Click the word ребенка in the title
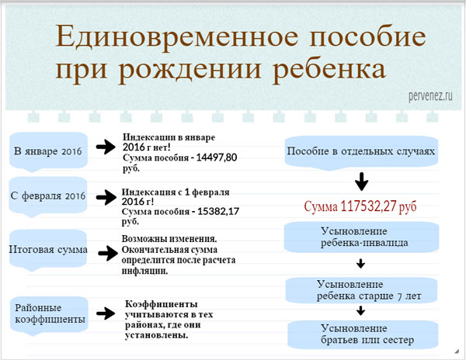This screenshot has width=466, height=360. (x=329, y=70)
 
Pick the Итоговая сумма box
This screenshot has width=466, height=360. (x=48, y=251)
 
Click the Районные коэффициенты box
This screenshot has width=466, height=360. (x=48, y=315)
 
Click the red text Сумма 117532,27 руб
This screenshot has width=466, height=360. (x=360, y=207)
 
